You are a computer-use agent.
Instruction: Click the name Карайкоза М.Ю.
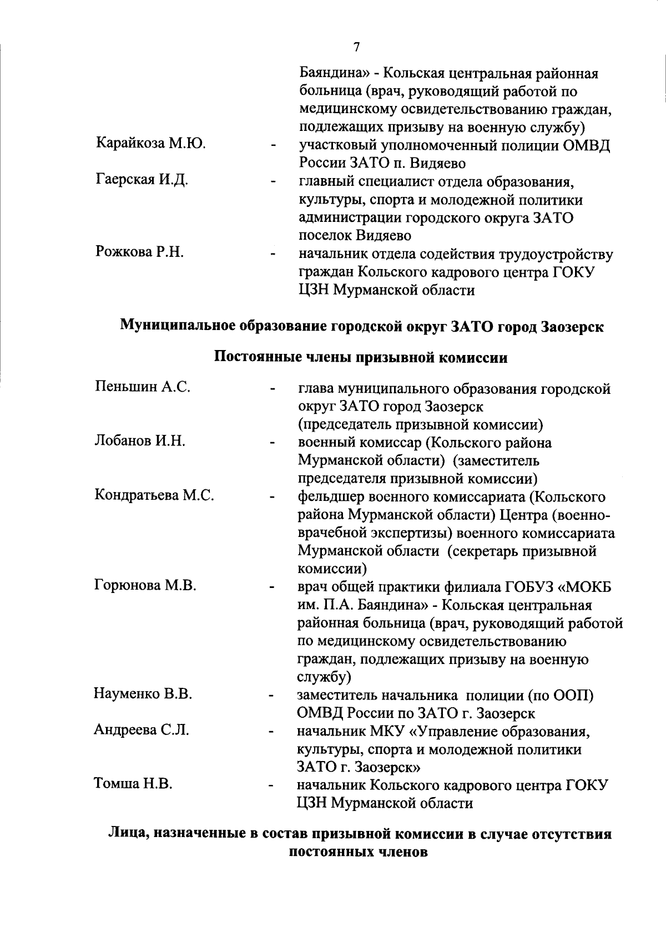pyautogui.click(x=151, y=144)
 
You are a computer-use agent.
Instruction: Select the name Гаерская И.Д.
pyautogui.click(x=142, y=180)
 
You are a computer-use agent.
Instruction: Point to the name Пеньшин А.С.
pyautogui.click(x=143, y=387)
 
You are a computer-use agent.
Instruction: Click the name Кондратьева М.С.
pyautogui.click(x=154, y=495)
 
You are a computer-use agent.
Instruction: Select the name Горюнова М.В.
pyautogui.click(x=145, y=585)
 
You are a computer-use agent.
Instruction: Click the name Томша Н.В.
pyautogui.click(x=133, y=784)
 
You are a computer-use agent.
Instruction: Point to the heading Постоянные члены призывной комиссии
pyautogui.click(x=361, y=357)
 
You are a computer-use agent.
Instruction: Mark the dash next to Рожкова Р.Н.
pyautogui.click(x=273, y=255)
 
